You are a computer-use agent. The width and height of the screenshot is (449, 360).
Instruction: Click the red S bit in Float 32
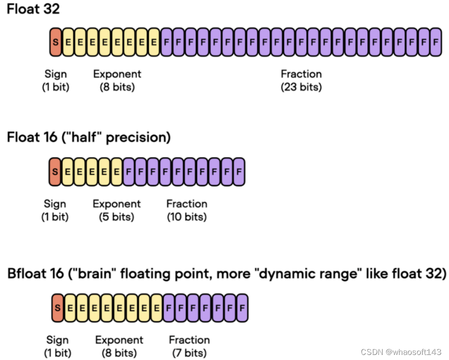click(55, 42)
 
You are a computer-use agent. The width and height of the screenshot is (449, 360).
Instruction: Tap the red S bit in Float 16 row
click(54, 171)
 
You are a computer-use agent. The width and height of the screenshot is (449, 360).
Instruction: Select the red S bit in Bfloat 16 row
click(57, 307)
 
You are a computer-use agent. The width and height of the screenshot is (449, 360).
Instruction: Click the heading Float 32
click(33, 9)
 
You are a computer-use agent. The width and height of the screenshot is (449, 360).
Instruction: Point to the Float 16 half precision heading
click(89, 137)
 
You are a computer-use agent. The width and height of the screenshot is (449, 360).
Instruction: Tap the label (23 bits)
click(301, 87)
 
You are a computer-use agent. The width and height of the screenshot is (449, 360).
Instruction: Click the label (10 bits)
click(186, 217)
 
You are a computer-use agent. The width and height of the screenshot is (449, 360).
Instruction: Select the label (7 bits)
click(189, 352)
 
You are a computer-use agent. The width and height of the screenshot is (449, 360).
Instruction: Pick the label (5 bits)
click(117, 217)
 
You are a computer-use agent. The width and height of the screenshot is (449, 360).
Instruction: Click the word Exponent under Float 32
click(117, 74)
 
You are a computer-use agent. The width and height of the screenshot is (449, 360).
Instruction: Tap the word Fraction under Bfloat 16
click(189, 340)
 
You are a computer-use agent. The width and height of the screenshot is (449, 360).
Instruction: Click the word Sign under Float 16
click(55, 204)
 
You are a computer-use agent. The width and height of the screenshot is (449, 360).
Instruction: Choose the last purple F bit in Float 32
click(436, 42)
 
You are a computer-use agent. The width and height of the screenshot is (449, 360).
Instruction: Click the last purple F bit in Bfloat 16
click(242, 307)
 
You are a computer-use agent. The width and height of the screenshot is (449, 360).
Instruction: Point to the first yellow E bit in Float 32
click(67, 42)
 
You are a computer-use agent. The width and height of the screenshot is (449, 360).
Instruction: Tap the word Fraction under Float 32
click(301, 74)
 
